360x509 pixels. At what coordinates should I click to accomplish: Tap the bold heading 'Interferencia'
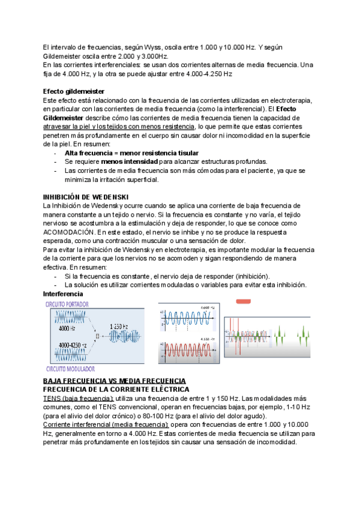(x=63, y=294)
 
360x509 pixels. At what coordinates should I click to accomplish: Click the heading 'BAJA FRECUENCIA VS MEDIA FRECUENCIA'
(x=115, y=381)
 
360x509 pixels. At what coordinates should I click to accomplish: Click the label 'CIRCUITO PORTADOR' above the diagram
(x=70, y=304)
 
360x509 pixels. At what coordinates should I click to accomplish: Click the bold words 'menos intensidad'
(x=130, y=162)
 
